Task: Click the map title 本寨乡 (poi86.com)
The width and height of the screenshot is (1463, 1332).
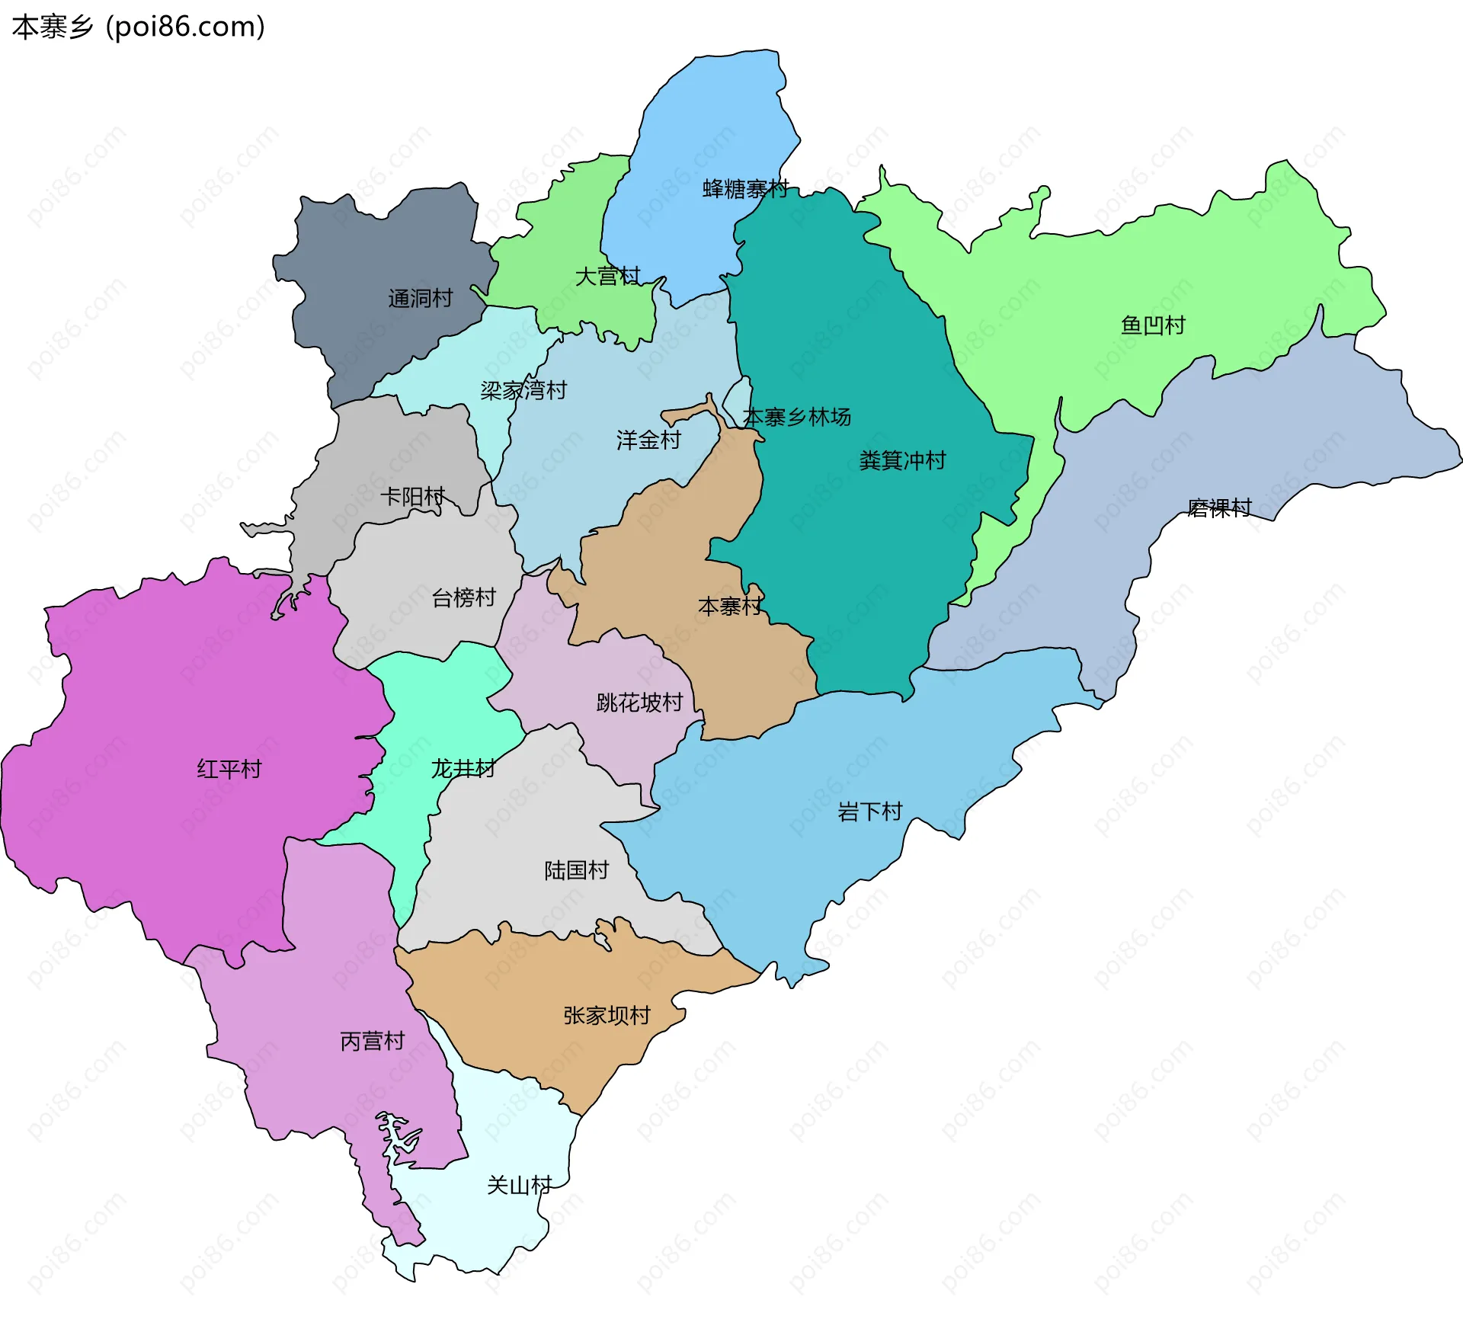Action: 139,27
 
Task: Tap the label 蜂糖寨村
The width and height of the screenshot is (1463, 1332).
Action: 744,189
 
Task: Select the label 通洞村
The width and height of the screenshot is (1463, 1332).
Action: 420,298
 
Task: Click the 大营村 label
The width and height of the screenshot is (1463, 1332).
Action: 607,276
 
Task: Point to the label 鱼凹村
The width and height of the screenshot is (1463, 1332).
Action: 1153,325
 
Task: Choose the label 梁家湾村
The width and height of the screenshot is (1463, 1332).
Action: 523,390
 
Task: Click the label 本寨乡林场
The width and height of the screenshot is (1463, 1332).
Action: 796,417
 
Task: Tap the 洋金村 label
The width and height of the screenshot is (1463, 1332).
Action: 648,440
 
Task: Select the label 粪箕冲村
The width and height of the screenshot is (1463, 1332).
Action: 902,460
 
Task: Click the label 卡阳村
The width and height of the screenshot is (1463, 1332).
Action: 412,497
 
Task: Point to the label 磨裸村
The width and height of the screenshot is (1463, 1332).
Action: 1219,508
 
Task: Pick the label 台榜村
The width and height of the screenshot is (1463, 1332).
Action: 463,597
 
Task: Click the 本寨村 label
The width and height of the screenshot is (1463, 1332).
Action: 730,607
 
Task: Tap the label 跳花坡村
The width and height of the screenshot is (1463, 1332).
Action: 639,702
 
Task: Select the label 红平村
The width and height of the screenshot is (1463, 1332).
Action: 229,769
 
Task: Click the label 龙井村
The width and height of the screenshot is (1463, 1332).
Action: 463,768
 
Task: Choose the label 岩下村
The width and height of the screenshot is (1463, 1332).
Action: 869,812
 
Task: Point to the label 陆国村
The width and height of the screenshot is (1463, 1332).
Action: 576,870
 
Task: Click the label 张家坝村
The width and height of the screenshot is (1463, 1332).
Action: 607,1015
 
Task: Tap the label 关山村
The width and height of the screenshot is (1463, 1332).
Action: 519,1185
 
